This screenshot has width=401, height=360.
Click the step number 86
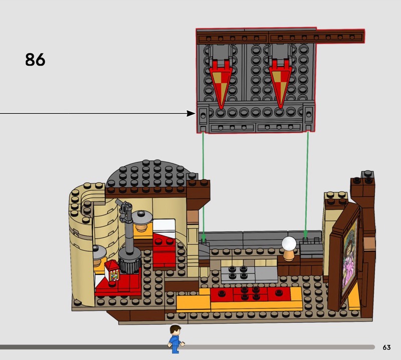tap(35, 60)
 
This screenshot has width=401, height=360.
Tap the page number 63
tap(386, 347)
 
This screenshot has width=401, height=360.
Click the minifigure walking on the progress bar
tap(176, 339)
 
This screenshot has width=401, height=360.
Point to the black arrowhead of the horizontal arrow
tap(191, 113)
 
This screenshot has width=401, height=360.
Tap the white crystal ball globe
tap(289, 244)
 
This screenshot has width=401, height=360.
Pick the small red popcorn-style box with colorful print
tap(112, 270)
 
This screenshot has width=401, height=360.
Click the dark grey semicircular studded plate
tap(149, 174)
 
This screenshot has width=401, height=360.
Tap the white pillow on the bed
tap(164, 227)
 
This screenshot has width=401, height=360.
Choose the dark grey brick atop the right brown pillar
tap(367, 177)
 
